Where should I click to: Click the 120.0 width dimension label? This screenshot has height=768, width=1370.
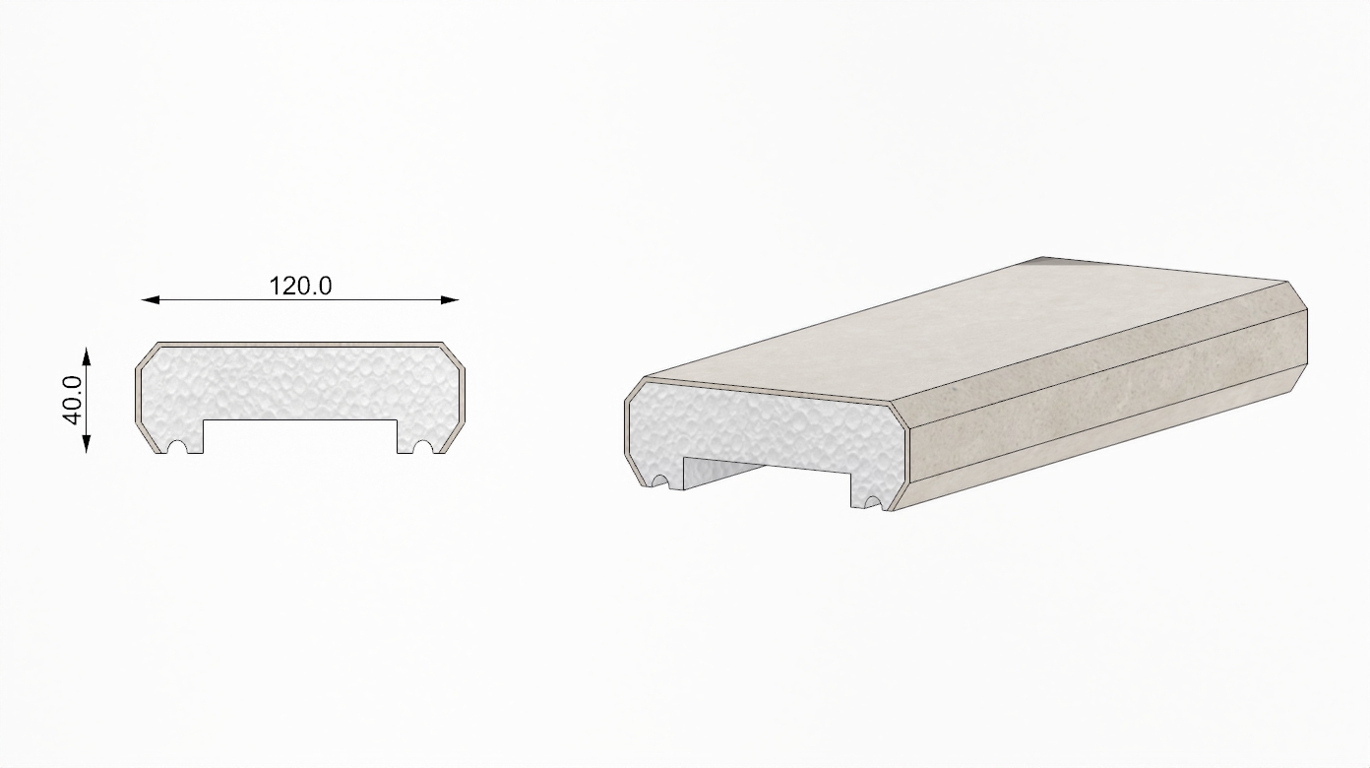(300, 286)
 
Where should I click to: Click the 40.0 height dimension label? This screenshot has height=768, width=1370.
(73, 400)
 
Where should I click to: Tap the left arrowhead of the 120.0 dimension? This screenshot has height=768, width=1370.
(151, 300)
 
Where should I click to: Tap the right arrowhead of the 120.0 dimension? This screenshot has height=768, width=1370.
(450, 300)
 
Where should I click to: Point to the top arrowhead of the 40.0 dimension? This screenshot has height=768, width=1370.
(87, 356)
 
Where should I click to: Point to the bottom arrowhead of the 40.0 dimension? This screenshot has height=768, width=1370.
(87, 444)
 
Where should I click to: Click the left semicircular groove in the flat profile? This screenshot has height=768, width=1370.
(177, 447)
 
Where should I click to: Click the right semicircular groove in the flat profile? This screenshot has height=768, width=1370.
(422, 447)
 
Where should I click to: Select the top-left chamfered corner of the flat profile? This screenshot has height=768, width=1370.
(147, 354)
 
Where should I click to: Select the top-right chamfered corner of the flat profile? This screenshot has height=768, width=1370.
(453, 354)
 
